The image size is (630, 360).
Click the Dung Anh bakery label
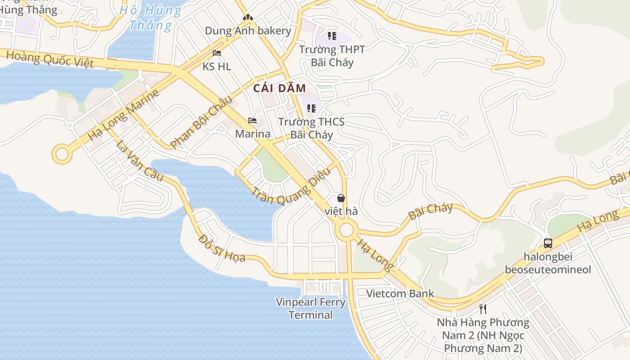(x=248, y=31)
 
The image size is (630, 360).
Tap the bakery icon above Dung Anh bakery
(x=247, y=18)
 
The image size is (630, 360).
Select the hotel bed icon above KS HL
(x=216, y=53)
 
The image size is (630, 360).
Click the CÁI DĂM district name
(x=279, y=88)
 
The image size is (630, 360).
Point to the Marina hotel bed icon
(x=252, y=121)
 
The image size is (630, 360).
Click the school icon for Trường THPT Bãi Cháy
(x=332, y=36)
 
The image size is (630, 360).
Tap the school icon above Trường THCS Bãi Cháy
(x=311, y=108)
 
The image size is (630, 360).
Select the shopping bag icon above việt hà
(x=341, y=198)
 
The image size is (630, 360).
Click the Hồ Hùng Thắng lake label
(x=150, y=17)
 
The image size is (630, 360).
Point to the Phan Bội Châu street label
(x=201, y=121)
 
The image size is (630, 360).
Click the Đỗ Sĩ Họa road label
(x=221, y=248)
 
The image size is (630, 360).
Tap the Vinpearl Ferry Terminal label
(x=310, y=308)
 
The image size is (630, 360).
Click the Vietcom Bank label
(x=400, y=294)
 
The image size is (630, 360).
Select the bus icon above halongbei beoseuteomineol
(x=548, y=243)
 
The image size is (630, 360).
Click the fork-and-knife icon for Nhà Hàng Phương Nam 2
(x=483, y=309)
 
